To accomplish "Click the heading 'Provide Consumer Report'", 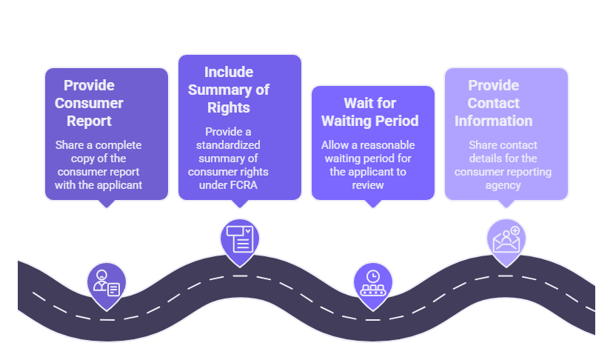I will coord(89,103).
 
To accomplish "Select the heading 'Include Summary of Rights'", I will coord(228,90).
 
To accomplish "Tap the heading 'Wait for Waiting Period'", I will coord(370,112).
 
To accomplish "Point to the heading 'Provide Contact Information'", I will coord(493,103).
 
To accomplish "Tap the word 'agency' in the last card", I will coord(503,185).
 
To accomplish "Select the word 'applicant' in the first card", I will coord(118,185).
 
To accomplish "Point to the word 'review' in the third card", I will coord(368,185).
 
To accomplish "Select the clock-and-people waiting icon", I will coord(369,281).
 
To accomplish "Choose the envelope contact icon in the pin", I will coord(506,239).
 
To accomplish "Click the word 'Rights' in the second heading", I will coord(229,107).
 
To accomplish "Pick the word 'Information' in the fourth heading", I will coord(493,121).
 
